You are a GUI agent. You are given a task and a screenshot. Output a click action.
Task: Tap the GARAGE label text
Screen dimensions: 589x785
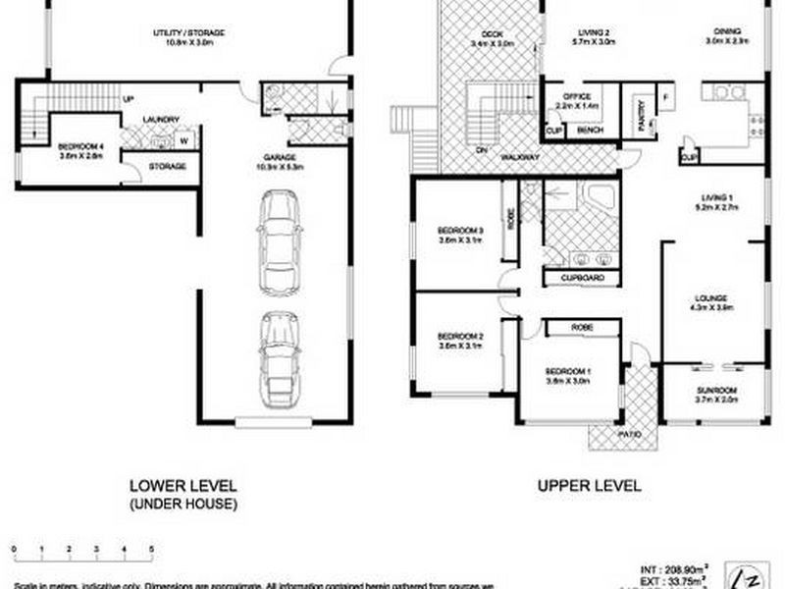[x=280, y=157]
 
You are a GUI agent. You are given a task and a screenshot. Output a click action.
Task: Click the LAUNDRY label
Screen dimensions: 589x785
[x=161, y=121]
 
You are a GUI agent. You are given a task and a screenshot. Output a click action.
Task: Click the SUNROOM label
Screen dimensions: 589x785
[x=716, y=390]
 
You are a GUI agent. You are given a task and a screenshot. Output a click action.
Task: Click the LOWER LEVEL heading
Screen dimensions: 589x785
[x=183, y=485]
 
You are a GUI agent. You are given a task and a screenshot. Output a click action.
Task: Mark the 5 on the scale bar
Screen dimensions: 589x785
[x=151, y=550]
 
